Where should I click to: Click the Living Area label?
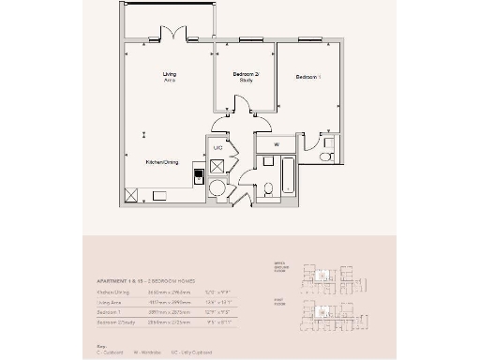[170, 77]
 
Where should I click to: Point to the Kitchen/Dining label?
[161, 162]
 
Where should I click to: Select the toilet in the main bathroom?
[267, 188]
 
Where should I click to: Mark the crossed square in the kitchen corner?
[132, 195]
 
